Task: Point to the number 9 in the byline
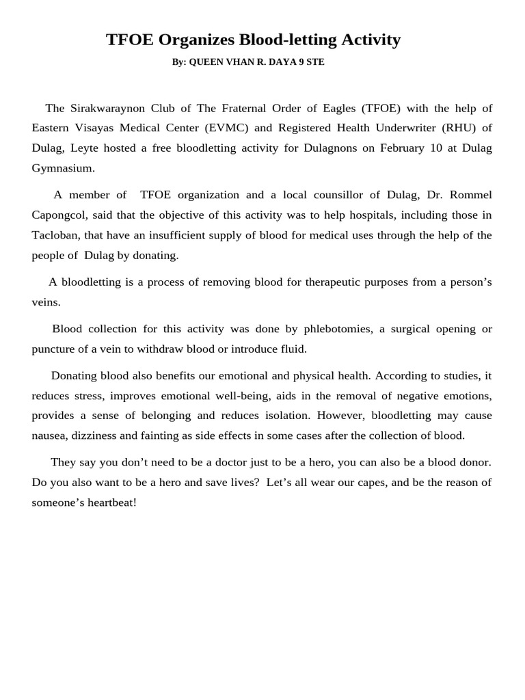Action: (301, 62)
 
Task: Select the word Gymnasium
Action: (62, 167)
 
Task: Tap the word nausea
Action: (49, 435)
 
